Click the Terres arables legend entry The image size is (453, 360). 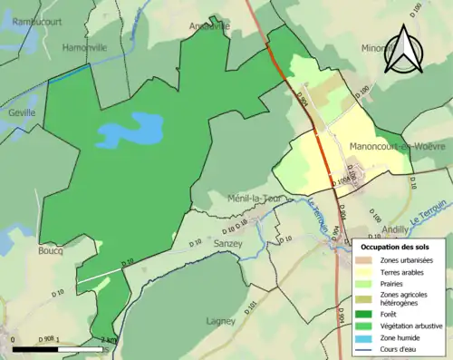click(400, 271)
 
